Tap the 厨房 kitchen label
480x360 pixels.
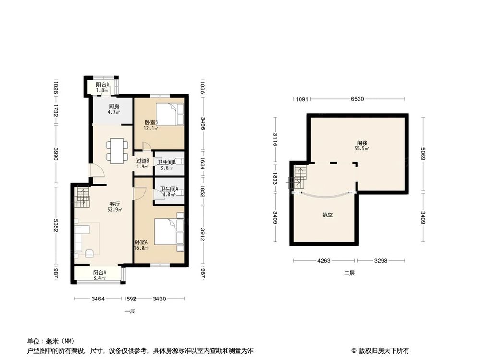[114, 107]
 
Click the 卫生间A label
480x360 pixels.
[169, 189]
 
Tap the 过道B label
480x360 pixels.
[143, 161]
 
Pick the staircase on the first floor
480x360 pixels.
[82, 197]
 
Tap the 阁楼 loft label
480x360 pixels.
[362, 143]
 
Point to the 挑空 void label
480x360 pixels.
[328, 216]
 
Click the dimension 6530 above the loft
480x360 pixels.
[357, 99]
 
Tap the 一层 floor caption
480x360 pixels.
[130, 311]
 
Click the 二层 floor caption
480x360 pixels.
[349, 273]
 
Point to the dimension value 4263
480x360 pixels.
[324, 261]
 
